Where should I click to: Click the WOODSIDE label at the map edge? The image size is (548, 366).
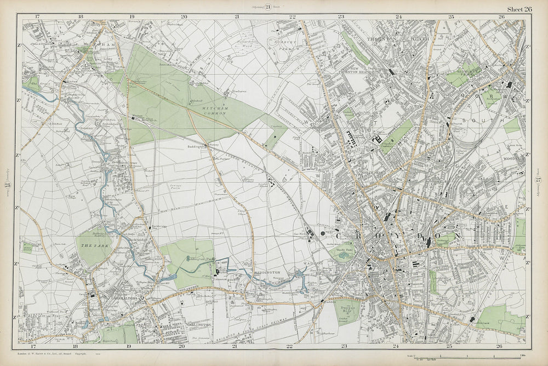point(513,160)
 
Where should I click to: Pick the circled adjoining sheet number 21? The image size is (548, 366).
point(268,7)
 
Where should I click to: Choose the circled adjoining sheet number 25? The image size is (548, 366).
point(8,183)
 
